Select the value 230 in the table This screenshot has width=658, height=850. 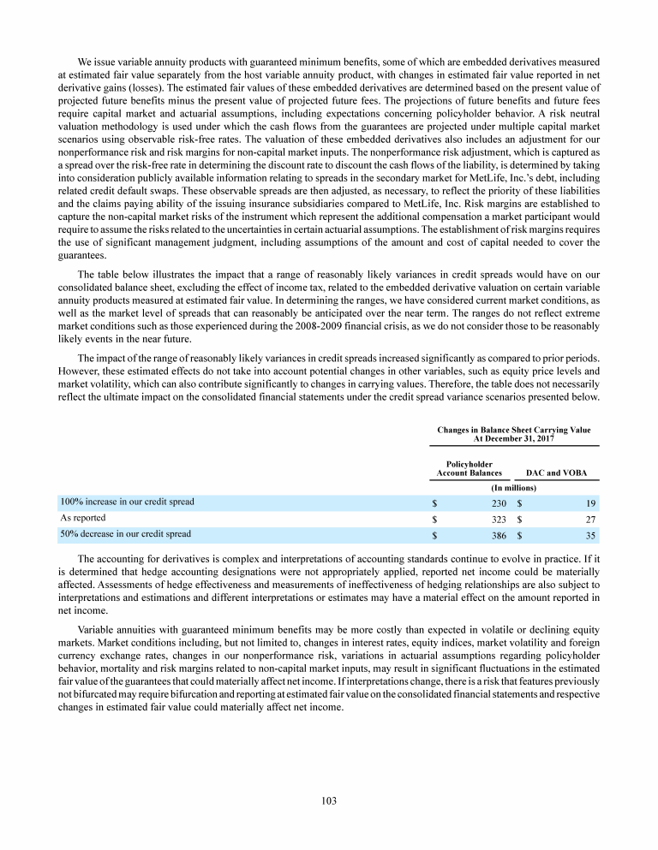[x=498, y=502]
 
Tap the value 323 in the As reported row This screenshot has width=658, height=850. [x=498, y=519]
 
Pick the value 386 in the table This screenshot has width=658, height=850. [x=498, y=535]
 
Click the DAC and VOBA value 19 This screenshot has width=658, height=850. [x=589, y=502]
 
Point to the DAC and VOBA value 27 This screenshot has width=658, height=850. [x=589, y=519]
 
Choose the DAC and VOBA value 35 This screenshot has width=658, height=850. [x=589, y=535]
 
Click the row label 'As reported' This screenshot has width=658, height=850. [x=82, y=518]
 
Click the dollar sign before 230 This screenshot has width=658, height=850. [x=435, y=502]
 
